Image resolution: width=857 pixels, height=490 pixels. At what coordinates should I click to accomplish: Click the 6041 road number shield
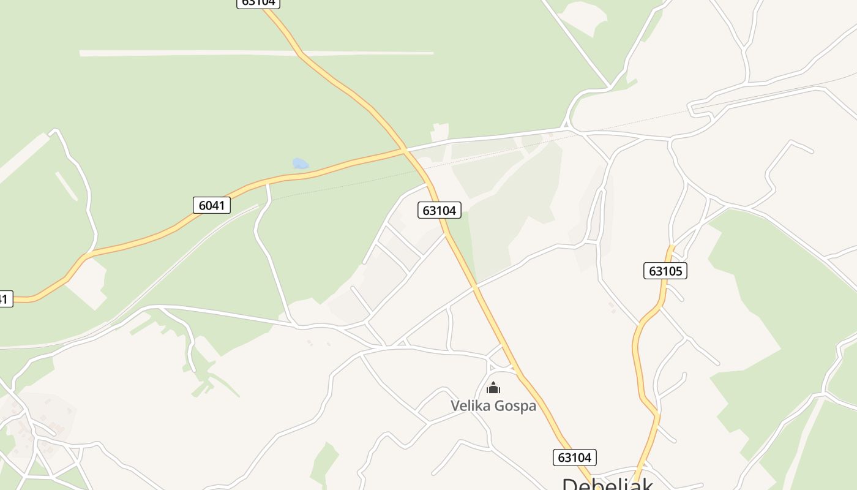(212, 205)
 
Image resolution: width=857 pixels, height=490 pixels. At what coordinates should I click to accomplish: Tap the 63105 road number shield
(665, 271)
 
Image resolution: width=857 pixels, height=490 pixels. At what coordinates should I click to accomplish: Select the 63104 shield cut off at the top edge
(258, 2)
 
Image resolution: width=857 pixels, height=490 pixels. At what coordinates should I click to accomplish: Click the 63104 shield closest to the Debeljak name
(574, 457)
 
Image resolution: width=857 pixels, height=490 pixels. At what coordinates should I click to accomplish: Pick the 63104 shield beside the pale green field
(440, 211)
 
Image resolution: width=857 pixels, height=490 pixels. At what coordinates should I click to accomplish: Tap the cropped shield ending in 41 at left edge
(4, 299)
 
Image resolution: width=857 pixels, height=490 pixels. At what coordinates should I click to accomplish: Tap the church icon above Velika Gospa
(493, 388)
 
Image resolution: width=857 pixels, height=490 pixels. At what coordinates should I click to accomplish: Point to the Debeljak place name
(607, 484)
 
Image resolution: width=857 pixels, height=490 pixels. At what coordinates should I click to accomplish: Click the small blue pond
(300, 164)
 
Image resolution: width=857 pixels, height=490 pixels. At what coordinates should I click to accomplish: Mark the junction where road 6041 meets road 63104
(405, 149)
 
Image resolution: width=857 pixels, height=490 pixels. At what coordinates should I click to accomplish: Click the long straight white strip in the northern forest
(257, 53)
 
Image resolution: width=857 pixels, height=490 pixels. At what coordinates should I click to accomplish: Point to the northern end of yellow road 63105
(672, 247)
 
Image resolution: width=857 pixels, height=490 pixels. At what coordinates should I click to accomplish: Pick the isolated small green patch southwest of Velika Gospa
(324, 462)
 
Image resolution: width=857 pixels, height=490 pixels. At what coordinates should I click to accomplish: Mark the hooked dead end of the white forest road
(54, 131)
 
